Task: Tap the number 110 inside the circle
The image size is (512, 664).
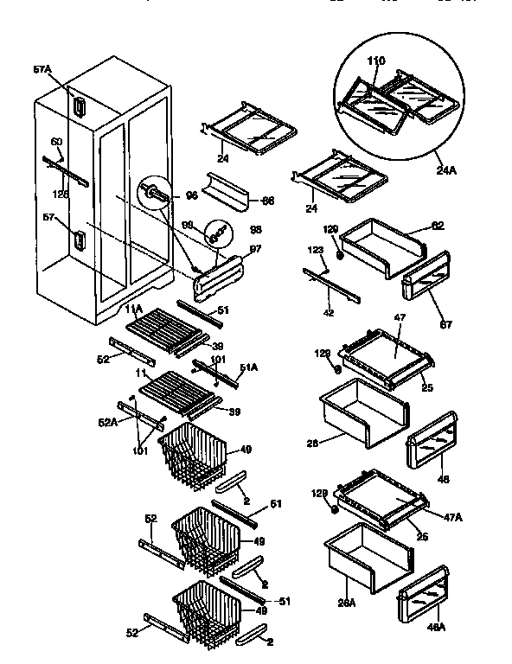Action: click(x=375, y=62)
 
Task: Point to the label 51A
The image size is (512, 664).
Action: click(x=248, y=367)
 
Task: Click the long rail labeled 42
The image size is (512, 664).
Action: click(x=329, y=284)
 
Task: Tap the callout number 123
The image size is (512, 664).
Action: click(x=316, y=250)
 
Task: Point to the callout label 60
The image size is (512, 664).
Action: click(x=56, y=142)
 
